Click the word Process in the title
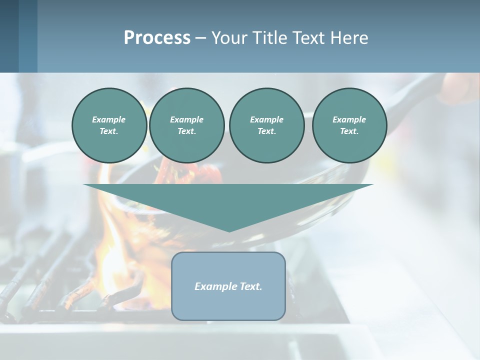157,38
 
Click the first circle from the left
109,125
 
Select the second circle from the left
186,125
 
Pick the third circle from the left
266,125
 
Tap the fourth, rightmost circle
349,125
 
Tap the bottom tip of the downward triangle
229,230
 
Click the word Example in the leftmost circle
109,119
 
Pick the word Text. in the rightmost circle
349,131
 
